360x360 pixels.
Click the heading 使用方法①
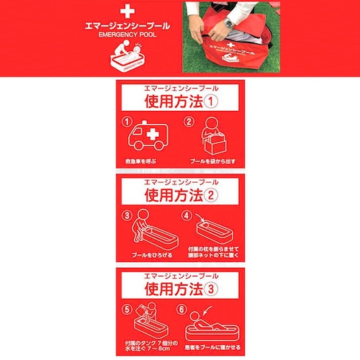coord(180,100)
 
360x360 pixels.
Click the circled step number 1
coord(128,122)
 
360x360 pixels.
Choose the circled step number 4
coord(185,215)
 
